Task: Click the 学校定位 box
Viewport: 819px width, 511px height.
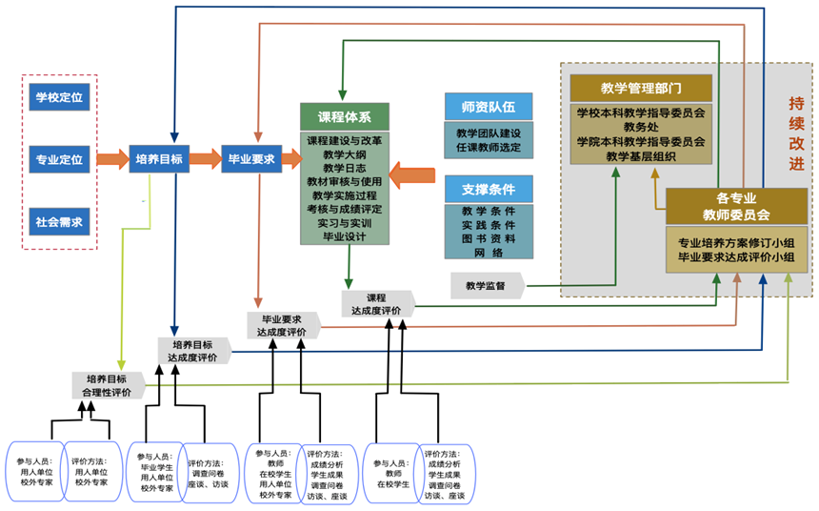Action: click(x=59, y=96)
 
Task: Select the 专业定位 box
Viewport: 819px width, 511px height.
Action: click(x=59, y=159)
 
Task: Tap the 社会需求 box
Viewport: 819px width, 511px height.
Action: click(x=59, y=222)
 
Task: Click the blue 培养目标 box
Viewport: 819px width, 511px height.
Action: click(x=160, y=158)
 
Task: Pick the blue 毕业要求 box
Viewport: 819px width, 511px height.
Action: click(x=250, y=158)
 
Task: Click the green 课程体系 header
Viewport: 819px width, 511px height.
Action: click(x=344, y=117)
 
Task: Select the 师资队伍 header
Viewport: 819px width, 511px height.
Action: click(x=489, y=106)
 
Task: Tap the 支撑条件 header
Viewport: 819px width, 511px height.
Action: click(x=489, y=187)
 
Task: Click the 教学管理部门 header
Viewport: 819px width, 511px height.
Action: click(x=641, y=88)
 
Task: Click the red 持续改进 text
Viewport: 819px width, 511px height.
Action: click(x=796, y=133)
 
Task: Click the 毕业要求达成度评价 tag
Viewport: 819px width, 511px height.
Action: click(x=282, y=325)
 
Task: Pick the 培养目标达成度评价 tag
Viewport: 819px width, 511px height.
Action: click(x=192, y=350)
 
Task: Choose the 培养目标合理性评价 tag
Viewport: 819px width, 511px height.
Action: click(x=108, y=384)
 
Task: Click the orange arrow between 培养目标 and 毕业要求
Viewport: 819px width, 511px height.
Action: click(x=207, y=158)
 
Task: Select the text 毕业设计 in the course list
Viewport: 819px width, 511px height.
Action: click(x=344, y=235)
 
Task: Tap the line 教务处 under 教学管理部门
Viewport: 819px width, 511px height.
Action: click(x=640, y=126)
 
